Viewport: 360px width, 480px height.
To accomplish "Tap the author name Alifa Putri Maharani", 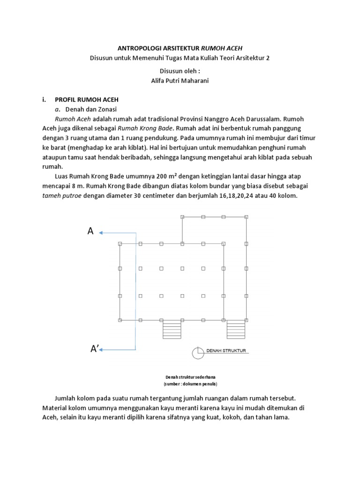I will click(180, 81).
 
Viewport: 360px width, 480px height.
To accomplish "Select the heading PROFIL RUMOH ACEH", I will click(87, 99).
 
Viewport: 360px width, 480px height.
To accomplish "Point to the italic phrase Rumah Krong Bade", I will click(145, 128).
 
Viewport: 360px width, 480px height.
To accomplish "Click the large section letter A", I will click(90, 231).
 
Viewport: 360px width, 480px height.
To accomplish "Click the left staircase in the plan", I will click(171, 329).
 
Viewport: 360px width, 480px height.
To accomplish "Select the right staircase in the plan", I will click(235, 329).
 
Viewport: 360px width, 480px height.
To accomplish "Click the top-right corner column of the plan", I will click(246, 217).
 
